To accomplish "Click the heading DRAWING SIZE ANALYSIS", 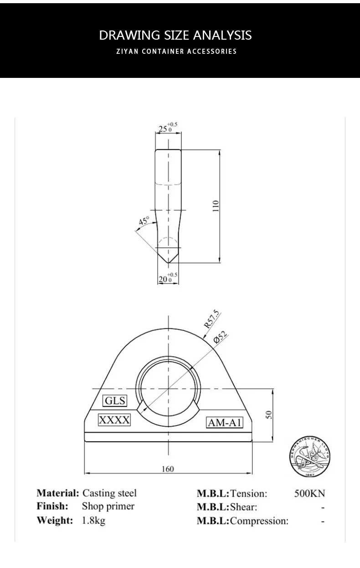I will click(175, 35).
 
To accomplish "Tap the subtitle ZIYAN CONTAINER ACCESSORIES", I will click(176, 51).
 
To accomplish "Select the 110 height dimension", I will click(216, 206).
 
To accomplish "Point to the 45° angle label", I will click(144, 222).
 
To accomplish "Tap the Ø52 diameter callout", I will click(221, 338).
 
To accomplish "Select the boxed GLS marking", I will click(115, 401).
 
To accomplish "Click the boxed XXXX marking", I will click(114, 420).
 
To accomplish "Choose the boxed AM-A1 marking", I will click(224, 423).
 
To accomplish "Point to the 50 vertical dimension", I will click(269, 415).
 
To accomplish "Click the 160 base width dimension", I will click(168, 469).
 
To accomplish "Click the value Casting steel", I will click(109, 493).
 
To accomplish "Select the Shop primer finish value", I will click(108, 507).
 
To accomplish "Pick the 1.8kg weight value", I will click(93, 520).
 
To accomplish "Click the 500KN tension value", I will click(309, 493).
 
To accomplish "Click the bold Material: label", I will click(58, 493).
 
